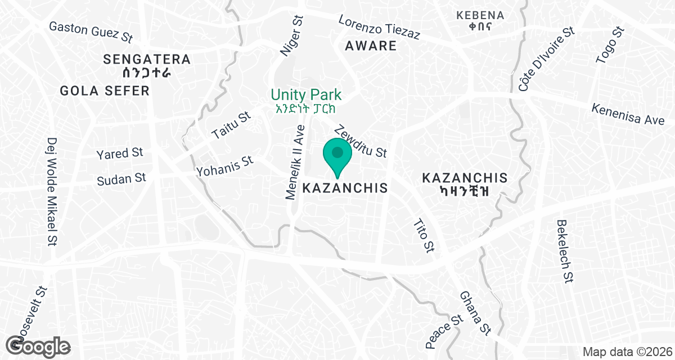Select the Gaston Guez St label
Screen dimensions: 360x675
91,33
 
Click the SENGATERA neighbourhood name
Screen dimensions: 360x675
147,59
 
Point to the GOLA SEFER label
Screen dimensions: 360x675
105,91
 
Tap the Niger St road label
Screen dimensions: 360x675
292,35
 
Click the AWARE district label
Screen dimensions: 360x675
371,46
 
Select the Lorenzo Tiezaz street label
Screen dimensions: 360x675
379,27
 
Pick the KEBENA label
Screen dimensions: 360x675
480,15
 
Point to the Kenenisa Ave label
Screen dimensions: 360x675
628,114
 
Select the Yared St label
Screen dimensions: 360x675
120,153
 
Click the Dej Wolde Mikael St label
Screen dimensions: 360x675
53,192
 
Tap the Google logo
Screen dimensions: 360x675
38,345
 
